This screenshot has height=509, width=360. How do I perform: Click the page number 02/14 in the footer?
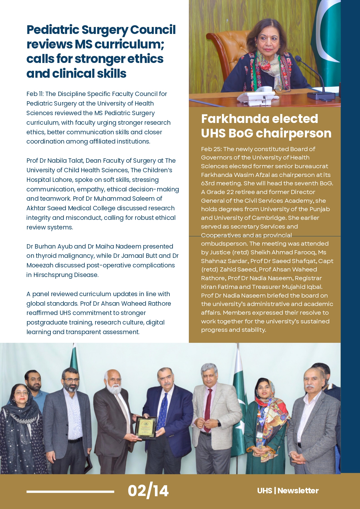coord(148,491)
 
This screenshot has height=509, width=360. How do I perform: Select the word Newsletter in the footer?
coord(298,491)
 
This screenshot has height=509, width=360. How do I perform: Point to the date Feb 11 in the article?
coord(35,94)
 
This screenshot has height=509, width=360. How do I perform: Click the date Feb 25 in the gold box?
coord(211,149)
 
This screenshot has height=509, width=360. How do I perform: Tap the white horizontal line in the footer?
coord(70,491)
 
